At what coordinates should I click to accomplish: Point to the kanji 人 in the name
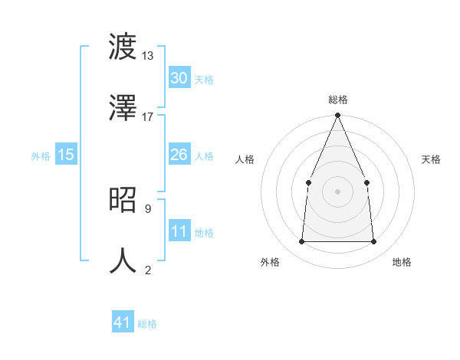tap(122, 260)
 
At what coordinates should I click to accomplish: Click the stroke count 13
tap(148, 56)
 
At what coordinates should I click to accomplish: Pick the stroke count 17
tap(148, 116)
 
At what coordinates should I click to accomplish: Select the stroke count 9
tap(148, 208)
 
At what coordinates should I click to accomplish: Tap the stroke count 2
tap(148, 269)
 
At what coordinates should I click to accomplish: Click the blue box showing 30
tap(179, 78)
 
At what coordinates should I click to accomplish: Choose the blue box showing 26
tap(179, 155)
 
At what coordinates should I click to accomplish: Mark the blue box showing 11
tap(179, 231)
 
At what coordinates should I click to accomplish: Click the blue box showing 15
tap(66, 155)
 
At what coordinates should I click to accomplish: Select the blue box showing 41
tap(122, 322)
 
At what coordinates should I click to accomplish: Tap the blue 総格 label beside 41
tap(147, 324)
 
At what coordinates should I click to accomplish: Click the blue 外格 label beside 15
tap(41, 156)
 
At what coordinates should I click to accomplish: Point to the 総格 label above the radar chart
tap(337, 100)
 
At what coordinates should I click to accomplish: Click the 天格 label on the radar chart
tap(431, 159)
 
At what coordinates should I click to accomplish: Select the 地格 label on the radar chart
tap(402, 262)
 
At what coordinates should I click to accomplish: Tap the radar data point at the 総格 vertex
tap(337, 116)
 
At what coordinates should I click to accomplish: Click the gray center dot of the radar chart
tap(337, 191)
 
